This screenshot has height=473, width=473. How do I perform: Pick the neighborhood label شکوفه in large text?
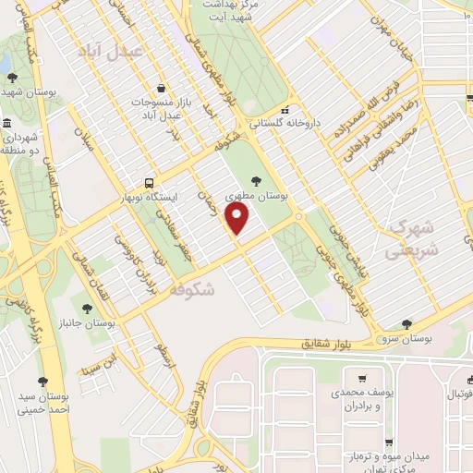(192, 290)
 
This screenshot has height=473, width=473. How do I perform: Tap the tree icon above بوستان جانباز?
(87, 309)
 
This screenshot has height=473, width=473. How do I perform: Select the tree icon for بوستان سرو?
(406, 323)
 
